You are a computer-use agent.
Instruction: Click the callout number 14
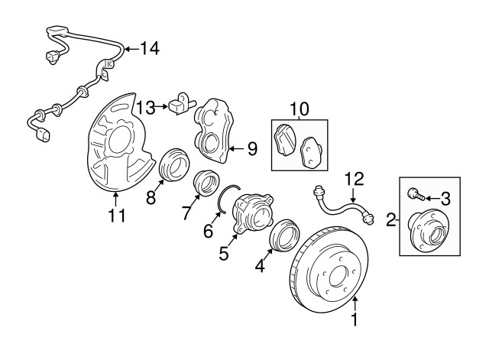150,48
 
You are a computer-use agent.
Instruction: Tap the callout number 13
146,107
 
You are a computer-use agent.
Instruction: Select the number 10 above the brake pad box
300,109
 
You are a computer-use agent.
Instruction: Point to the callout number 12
354,179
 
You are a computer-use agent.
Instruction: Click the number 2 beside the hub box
391,219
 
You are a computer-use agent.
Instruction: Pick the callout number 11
117,216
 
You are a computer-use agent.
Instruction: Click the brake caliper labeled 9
215,130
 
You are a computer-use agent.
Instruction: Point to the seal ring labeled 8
174,165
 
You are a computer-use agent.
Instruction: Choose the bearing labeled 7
206,183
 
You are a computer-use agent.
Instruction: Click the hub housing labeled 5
253,213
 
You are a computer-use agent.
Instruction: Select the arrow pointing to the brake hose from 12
353,196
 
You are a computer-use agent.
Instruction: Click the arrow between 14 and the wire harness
131,49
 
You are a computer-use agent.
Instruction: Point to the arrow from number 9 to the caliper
236,149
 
